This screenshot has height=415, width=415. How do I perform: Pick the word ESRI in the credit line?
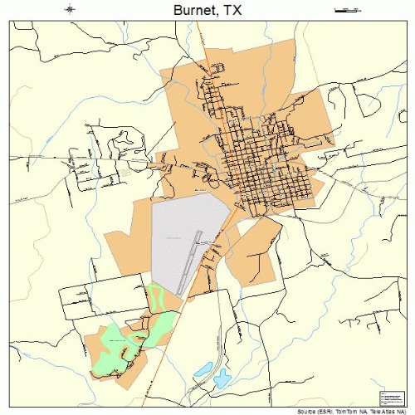click(x=325, y=410)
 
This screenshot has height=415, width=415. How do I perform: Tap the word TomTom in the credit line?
click(x=346, y=410)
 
